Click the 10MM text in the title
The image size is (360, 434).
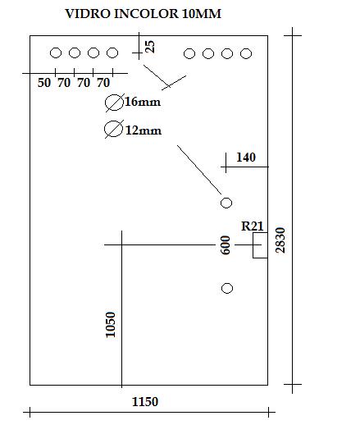click(x=202, y=14)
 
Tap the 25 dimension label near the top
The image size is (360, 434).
click(x=150, y=47)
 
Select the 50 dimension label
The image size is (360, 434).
click(x=44, y=83)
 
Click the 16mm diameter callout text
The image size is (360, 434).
click(x=143, y=102)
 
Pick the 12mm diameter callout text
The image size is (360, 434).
click(x=144, y=130)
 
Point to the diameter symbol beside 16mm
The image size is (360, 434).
click(x=115, y=103)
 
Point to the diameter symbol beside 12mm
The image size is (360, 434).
click(x=114, y=129)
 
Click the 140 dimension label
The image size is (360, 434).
click(x=246, y=158)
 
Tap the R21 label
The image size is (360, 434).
click(x=253, y=226)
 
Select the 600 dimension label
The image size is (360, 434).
click(x=226, y=245)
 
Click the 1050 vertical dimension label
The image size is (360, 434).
click(x=111, y=325)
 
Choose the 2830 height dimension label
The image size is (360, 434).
click(x=280, y=240)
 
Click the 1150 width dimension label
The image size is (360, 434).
click(x=145, y=402)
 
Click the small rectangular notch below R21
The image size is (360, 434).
click(x=260, y=245)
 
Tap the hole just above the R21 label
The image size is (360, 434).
click(x=226, y=203)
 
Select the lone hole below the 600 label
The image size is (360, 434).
click(x=227, y=289)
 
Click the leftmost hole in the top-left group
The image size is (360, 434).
click(x=56, y=53)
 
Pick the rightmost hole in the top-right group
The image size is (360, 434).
click(x=246, y=53)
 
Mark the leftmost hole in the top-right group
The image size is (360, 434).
click(x=189, y=53)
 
